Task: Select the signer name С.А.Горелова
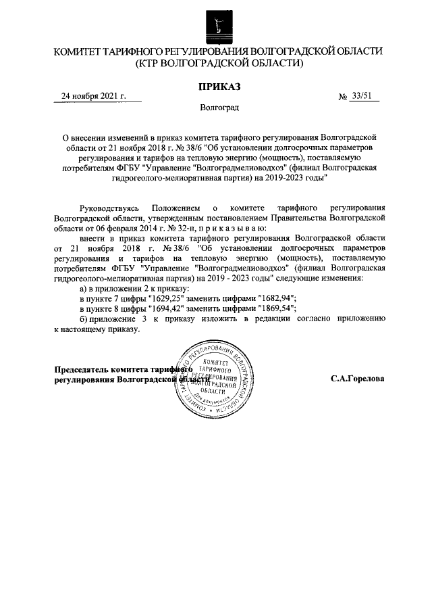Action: click(358, 379)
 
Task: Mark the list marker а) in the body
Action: click(84, 288)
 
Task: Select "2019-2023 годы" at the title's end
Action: click(297, 178)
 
